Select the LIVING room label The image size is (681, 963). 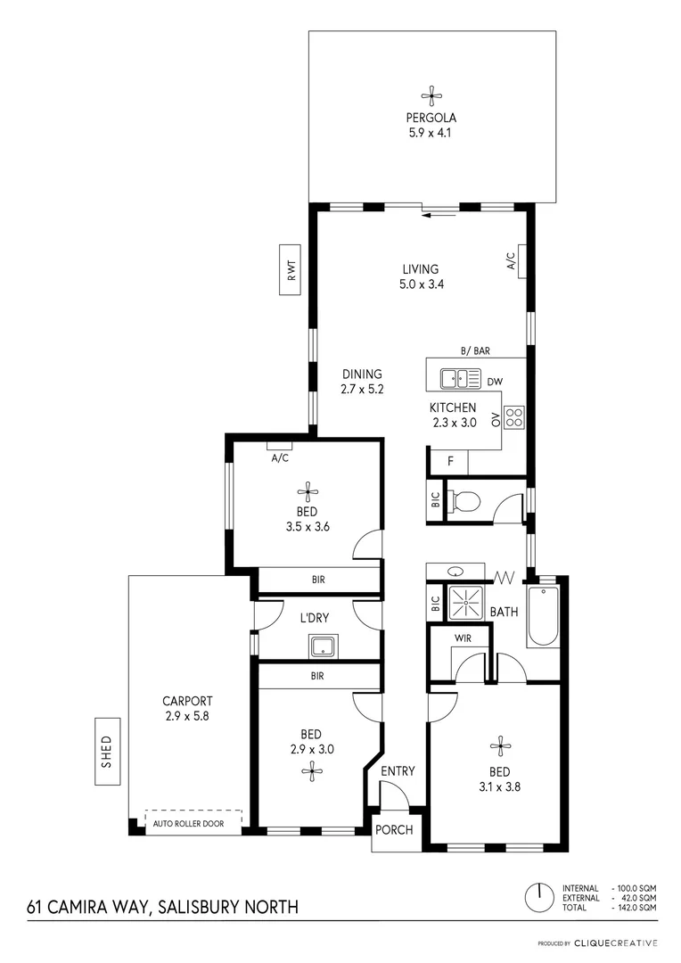420,269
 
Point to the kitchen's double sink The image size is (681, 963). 461,379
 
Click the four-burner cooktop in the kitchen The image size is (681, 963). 514,416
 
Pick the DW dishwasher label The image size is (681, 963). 494,382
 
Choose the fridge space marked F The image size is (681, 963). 450,462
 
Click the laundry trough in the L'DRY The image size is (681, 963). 321,645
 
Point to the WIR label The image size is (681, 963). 463,638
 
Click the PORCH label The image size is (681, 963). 394,829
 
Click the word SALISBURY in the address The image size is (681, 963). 193,908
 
